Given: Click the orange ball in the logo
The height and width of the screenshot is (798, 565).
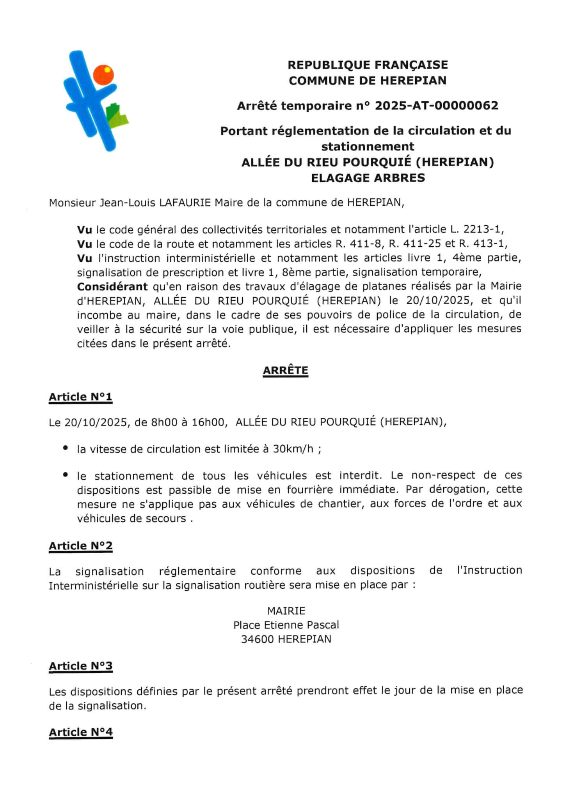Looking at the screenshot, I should pyautogui.click(x=104, y=74).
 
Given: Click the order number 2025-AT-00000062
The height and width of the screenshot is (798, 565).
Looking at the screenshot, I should pyautogui.click(x=436, y=105).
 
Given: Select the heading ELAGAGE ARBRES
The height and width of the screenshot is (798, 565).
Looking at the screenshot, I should pyautogui.click(x=368, y=178).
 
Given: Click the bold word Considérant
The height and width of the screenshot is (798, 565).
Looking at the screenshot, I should pyautogui.click(x=112, y=286).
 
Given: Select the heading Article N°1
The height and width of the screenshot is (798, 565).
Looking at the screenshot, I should pyautogui.click(x=80, y=397).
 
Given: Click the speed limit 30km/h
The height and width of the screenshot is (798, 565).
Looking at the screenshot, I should pyautogui.click(x=293, y=449).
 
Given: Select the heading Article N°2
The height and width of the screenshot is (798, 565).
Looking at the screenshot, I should pyautogui.click(x=80, y=546).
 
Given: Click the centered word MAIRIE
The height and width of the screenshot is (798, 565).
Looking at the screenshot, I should pyautogui.click(x=286, y=611).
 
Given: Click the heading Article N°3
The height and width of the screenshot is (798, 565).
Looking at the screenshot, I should pyautogui.click(x=80, y=666).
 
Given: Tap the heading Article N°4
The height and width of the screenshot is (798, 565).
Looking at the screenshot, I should pyautogui.click(x=80, y=732).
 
